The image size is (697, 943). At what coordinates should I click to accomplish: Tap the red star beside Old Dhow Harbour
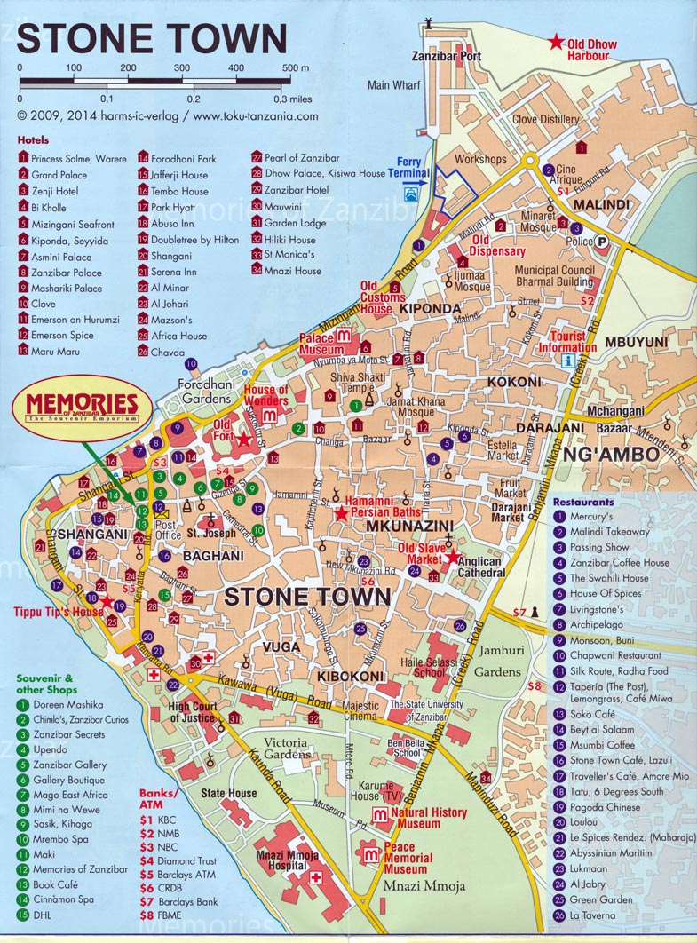click(556, 41)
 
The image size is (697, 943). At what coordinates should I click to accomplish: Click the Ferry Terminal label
click(408, 168)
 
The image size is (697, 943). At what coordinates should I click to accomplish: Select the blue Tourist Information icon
click(566, 360)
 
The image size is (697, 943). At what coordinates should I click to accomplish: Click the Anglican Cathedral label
click(479, 567)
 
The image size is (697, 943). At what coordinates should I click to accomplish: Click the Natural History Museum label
click(429, 818)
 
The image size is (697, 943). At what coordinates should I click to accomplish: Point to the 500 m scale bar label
click(296, 68)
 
